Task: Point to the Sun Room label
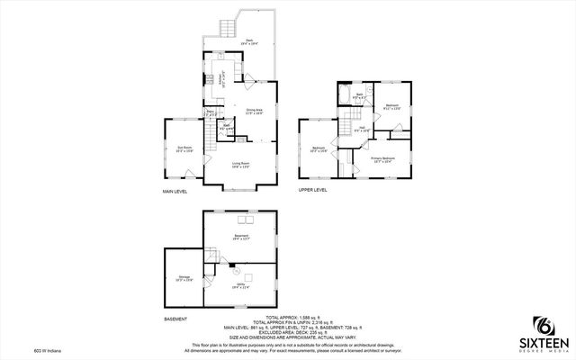[184, 149]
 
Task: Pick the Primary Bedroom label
[382, 160]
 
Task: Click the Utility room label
[240, 285]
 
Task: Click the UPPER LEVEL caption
[312, 190]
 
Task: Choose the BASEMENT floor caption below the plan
[175, 319]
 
